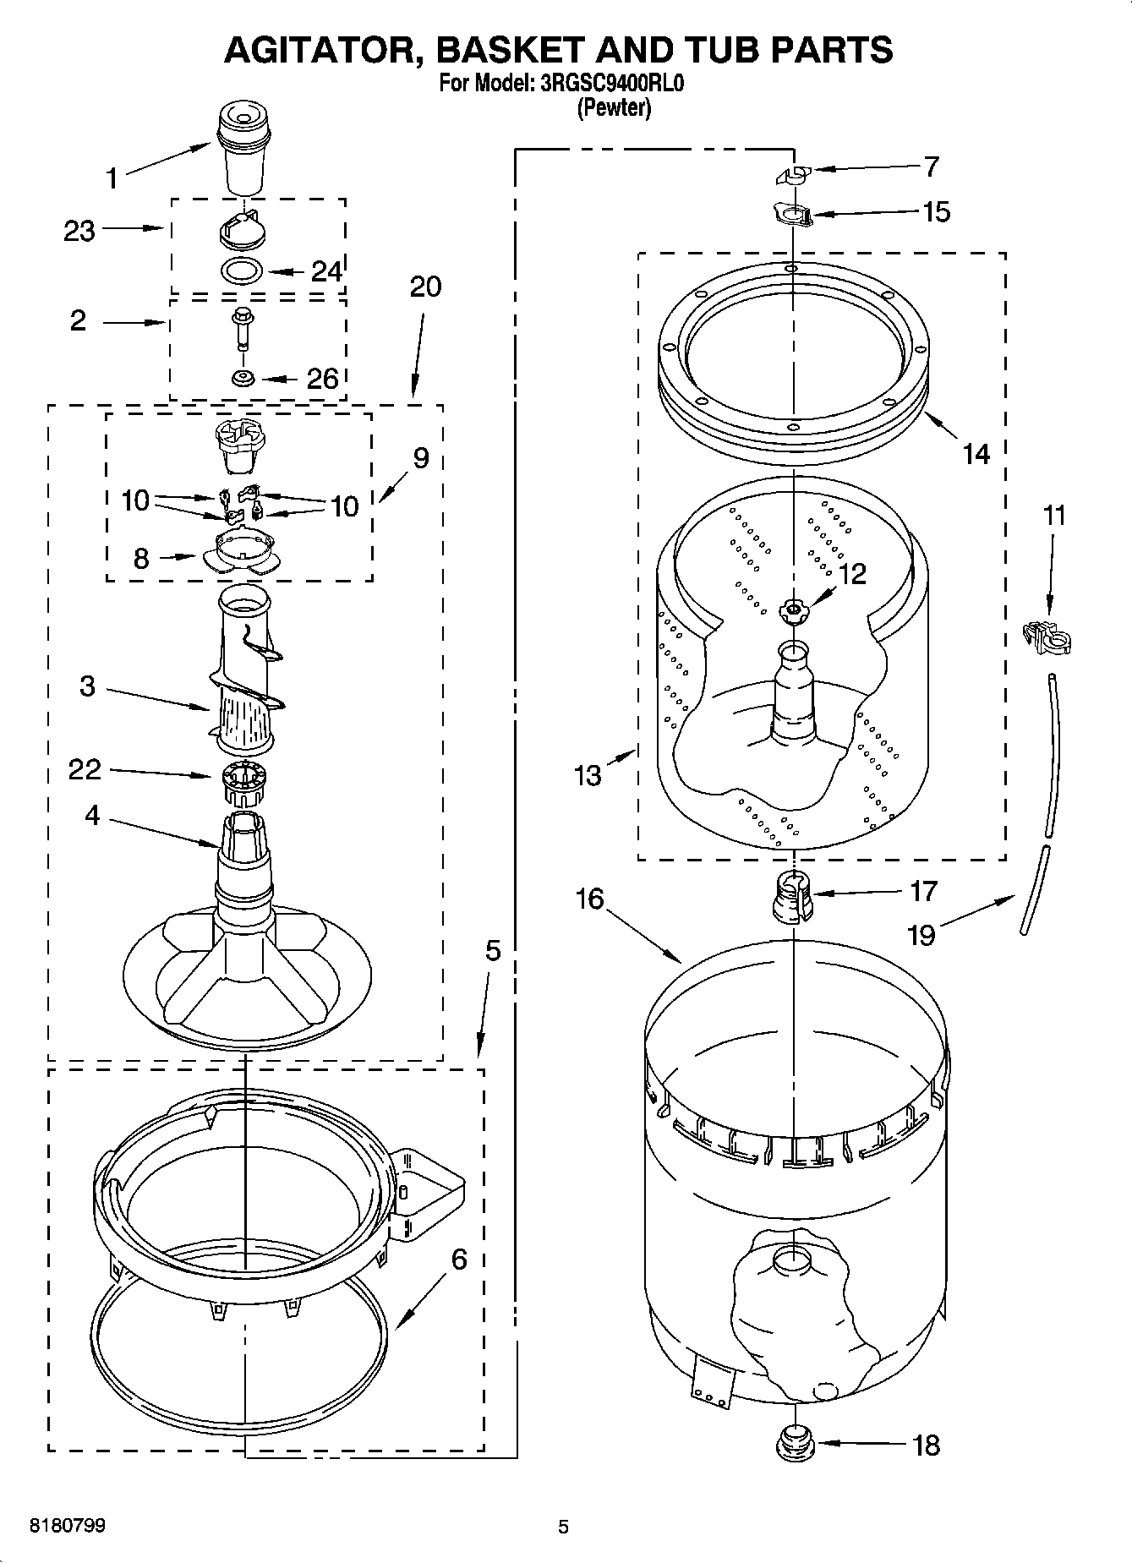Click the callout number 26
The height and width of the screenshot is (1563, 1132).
[322, 379]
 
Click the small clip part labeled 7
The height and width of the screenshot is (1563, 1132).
[792, 175]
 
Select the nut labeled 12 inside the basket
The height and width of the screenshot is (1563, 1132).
[794, 609]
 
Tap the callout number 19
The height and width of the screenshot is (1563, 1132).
[921, 935]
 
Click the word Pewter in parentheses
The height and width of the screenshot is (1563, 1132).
[614, 108]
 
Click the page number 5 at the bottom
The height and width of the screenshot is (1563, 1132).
[563, 1527]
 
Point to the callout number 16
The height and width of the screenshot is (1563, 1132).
[589, 899]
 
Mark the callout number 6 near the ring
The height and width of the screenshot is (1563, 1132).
[458, 1260]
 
